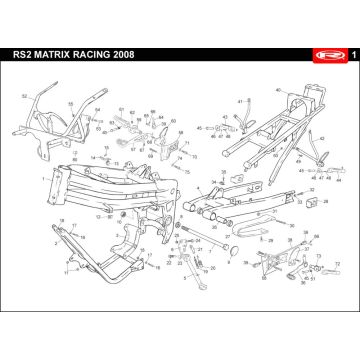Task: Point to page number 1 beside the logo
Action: click(x=344, y=52)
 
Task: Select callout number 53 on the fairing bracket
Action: click(x=71, y=104)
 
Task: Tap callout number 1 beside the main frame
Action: click(x=43, y=180)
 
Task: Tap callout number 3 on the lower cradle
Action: click(x=62, y=272)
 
